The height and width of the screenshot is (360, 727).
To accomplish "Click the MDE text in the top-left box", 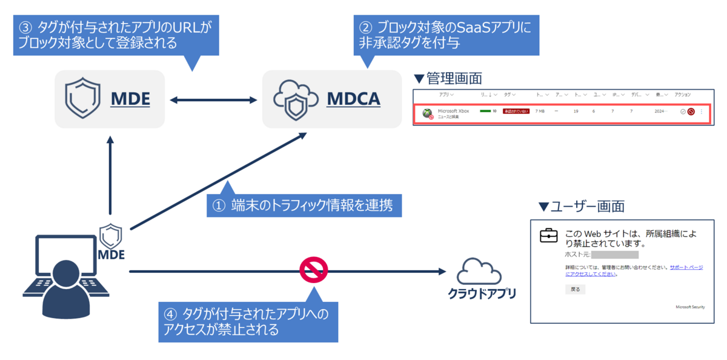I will tap(130, 99).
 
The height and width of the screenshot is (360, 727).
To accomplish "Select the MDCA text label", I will tap(353, 99).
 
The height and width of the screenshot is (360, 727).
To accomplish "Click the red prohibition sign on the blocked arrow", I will tap(314, 270).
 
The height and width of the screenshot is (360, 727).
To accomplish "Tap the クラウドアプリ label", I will tap(482, 295).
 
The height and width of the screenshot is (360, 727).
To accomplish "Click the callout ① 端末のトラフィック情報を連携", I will tap(305, 205).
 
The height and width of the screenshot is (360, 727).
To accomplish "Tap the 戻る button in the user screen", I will tap(575, 289).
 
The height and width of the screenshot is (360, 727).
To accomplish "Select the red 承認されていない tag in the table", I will tap(516, 112).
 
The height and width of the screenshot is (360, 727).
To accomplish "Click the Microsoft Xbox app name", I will tap(453, 111).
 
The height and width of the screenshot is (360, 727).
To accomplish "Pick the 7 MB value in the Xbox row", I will tap(540, 112).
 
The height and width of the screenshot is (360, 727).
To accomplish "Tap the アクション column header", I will tap(682, 95).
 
